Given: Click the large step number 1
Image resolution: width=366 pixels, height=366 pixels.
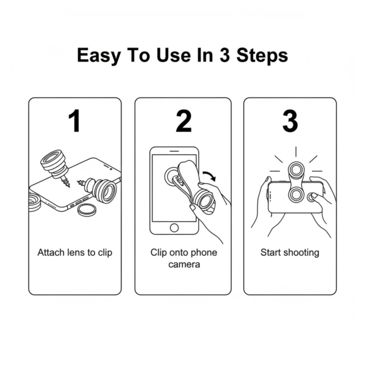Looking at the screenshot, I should coord(74,121).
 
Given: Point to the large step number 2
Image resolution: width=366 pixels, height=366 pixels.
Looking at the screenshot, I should coord(184,121).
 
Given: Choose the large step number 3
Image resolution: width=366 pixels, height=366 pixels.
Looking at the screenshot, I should coord(290,121).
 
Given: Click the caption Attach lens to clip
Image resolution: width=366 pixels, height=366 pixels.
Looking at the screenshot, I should coord(74,252).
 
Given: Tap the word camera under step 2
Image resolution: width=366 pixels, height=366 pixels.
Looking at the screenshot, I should coord(183,265).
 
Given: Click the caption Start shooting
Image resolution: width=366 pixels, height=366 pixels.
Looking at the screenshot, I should coord(290,252).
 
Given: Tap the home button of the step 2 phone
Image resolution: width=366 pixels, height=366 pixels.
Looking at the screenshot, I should coord(175,228).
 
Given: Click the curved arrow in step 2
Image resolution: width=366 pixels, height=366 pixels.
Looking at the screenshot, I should coord(209,176).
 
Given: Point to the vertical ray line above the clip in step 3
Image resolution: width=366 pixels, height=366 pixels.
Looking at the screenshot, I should coord(296,151).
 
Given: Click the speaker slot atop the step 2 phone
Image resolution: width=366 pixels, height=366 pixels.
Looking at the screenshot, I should coord(175,150).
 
